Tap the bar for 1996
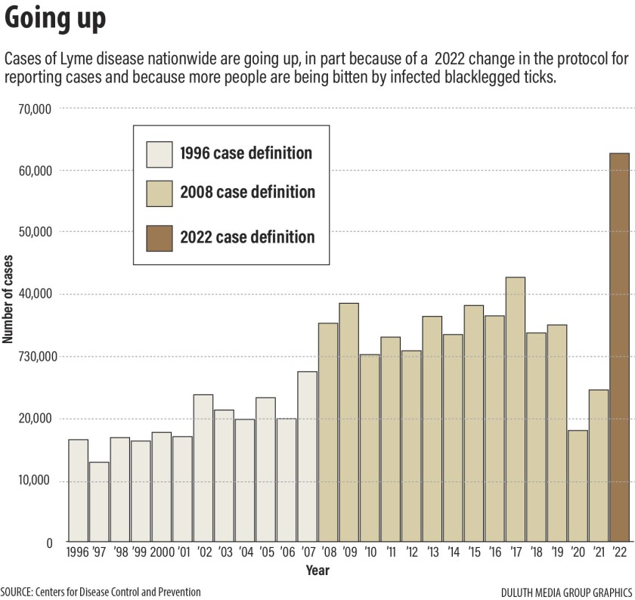tap(79, 491)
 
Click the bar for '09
tap(348, 423)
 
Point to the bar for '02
tap(203, 469)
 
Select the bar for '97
tap(99, 503)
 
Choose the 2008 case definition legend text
tap(247, 192)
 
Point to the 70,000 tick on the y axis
tap(33, 109)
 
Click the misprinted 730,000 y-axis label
tap(31, 357)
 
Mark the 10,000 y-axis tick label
tap(33, 481)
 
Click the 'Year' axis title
tap(317, 571)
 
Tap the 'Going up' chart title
tap(55, 20)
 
